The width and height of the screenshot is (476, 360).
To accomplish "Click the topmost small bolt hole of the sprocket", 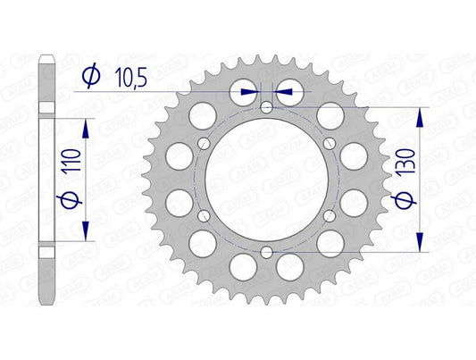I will point(267,108).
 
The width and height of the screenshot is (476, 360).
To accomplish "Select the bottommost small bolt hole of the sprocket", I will point(267,253).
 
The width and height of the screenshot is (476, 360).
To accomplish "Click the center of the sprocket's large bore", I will point(267,180).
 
